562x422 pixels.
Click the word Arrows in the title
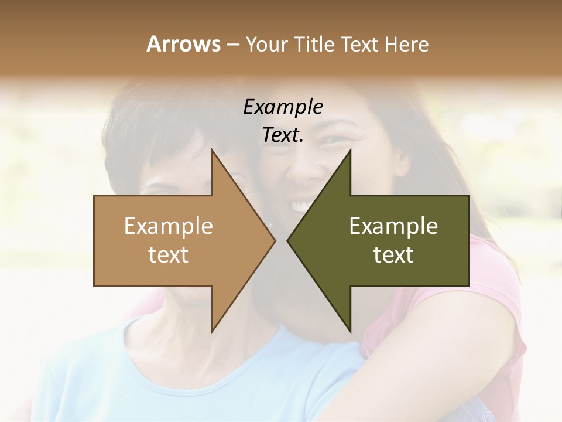tap(184, 44)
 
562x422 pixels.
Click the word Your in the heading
tap(266, 44)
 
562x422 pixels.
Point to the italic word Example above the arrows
tap(283, 107)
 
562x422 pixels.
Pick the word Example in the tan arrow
tap(169, 226)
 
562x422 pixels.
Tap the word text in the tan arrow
tap(169, 254)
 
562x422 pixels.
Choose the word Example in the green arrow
tap(393, 226)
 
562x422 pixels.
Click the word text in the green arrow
tap(393, 254)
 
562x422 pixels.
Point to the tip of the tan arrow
tap(275, 240)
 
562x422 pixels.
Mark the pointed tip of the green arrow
tap(287, 240)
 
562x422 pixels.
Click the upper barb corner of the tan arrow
tap(212, 150)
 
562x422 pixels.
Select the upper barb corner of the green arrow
tap(350, 150)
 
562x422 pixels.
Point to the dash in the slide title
tap(232, 45)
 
